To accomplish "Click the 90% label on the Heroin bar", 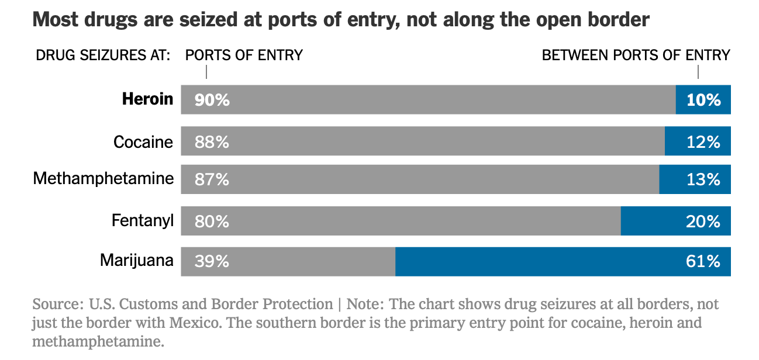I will pyautogui.click(x=212, y=100).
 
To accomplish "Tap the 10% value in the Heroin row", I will pyautogui.click(x=703, y=100).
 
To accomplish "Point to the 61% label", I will pyautogui.click(x=703, y=261).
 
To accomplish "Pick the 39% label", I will pyautogui.click(x=212, y=261).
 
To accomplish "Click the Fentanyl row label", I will pyautogui.click(x=143, y=221).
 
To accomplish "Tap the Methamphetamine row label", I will pyautogui.click(x=103, y=178).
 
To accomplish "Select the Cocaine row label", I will pyautogui.click(x=143, y=142).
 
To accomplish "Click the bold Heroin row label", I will pyautogui.click(x=147, y=99).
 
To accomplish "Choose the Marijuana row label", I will pyautogui.click(x=137, y=260).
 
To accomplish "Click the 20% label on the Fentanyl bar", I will pyautogui.click(x=703, y=221).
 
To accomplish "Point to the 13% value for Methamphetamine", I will pyautogui.click(x=703, y=179).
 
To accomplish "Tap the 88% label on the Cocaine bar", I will pyautogui.click(x=212, y=142).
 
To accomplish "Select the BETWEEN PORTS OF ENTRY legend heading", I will pyautogui.click(x=636, y=56).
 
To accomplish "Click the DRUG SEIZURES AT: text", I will pyautogui.click(x=103, y=56).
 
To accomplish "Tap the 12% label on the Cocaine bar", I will pyautogui.click(x=703, y=142).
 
